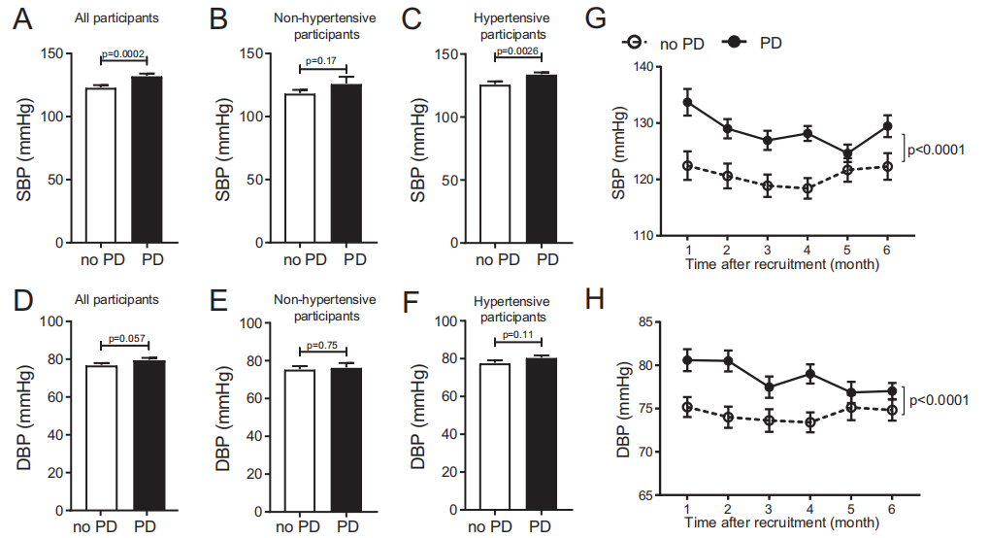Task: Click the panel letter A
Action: (26, 22)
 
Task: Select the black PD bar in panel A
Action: (147, 159)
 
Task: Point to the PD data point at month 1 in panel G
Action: (687, 102)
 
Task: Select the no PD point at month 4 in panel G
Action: (807, 188)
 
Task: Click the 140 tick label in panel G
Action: (640, 67)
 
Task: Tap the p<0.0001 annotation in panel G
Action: (938, 150)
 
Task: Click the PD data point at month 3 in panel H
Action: (767, 387)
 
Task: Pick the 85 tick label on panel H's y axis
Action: (643, 322)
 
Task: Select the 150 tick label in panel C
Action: (448, 53)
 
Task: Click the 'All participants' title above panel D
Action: (121, 300)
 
